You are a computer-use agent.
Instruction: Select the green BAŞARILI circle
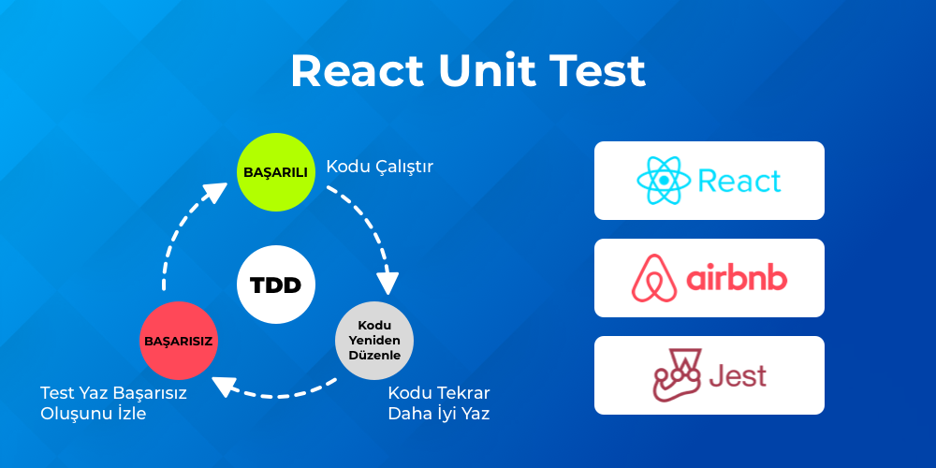click(x=275, y=172)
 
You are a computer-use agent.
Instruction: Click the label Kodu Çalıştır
click(x=379, y=167)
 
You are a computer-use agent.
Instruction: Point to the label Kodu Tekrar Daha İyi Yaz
click(x=439, y=402)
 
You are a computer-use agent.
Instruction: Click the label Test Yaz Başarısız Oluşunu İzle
click(x=113, y=402)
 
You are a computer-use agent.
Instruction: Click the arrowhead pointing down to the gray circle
click(x=388, y=283)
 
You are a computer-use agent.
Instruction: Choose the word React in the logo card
click(x=739, y=181)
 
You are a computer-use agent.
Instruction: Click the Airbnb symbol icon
click(x=654, y=278)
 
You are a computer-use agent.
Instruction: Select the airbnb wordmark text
click(x=737, y=278)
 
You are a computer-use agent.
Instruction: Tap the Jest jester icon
click(x=677, y=375)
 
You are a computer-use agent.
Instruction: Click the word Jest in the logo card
click(x=738, y=375)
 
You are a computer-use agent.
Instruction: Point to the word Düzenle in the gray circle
click(x=373, y=356)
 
